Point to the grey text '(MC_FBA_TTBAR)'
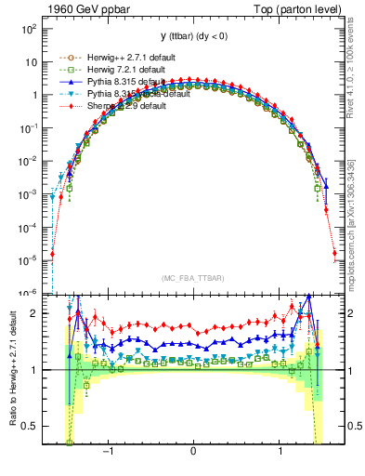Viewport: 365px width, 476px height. (x=192, y=277)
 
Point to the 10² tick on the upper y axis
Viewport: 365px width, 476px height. (x=29, y=29)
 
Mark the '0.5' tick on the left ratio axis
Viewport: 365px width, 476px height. (x=29, y=426)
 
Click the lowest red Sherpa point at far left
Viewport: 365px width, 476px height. (x=52, y=253)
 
